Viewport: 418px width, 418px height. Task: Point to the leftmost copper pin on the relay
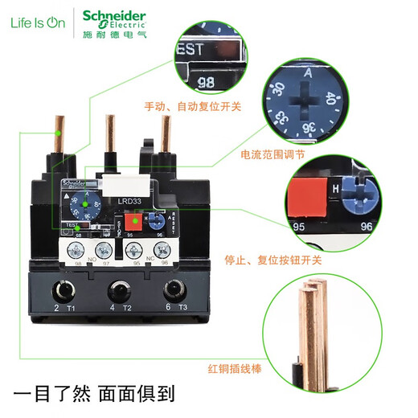coord(58,137)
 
